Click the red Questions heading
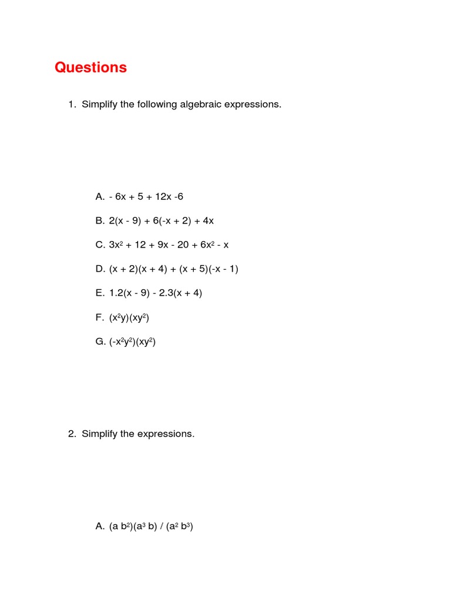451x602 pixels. coord(90,68)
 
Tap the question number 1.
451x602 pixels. coord(71,105)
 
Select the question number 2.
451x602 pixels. coord(71,434)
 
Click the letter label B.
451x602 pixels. coord(99,221)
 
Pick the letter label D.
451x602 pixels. coord(99,269)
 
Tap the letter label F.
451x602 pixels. coord(99,317)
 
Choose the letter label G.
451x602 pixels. coord(99,342)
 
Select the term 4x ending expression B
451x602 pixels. coord(208,221)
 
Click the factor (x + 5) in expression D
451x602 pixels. coord(187,269)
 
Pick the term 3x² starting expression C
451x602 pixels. coord(115,245)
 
